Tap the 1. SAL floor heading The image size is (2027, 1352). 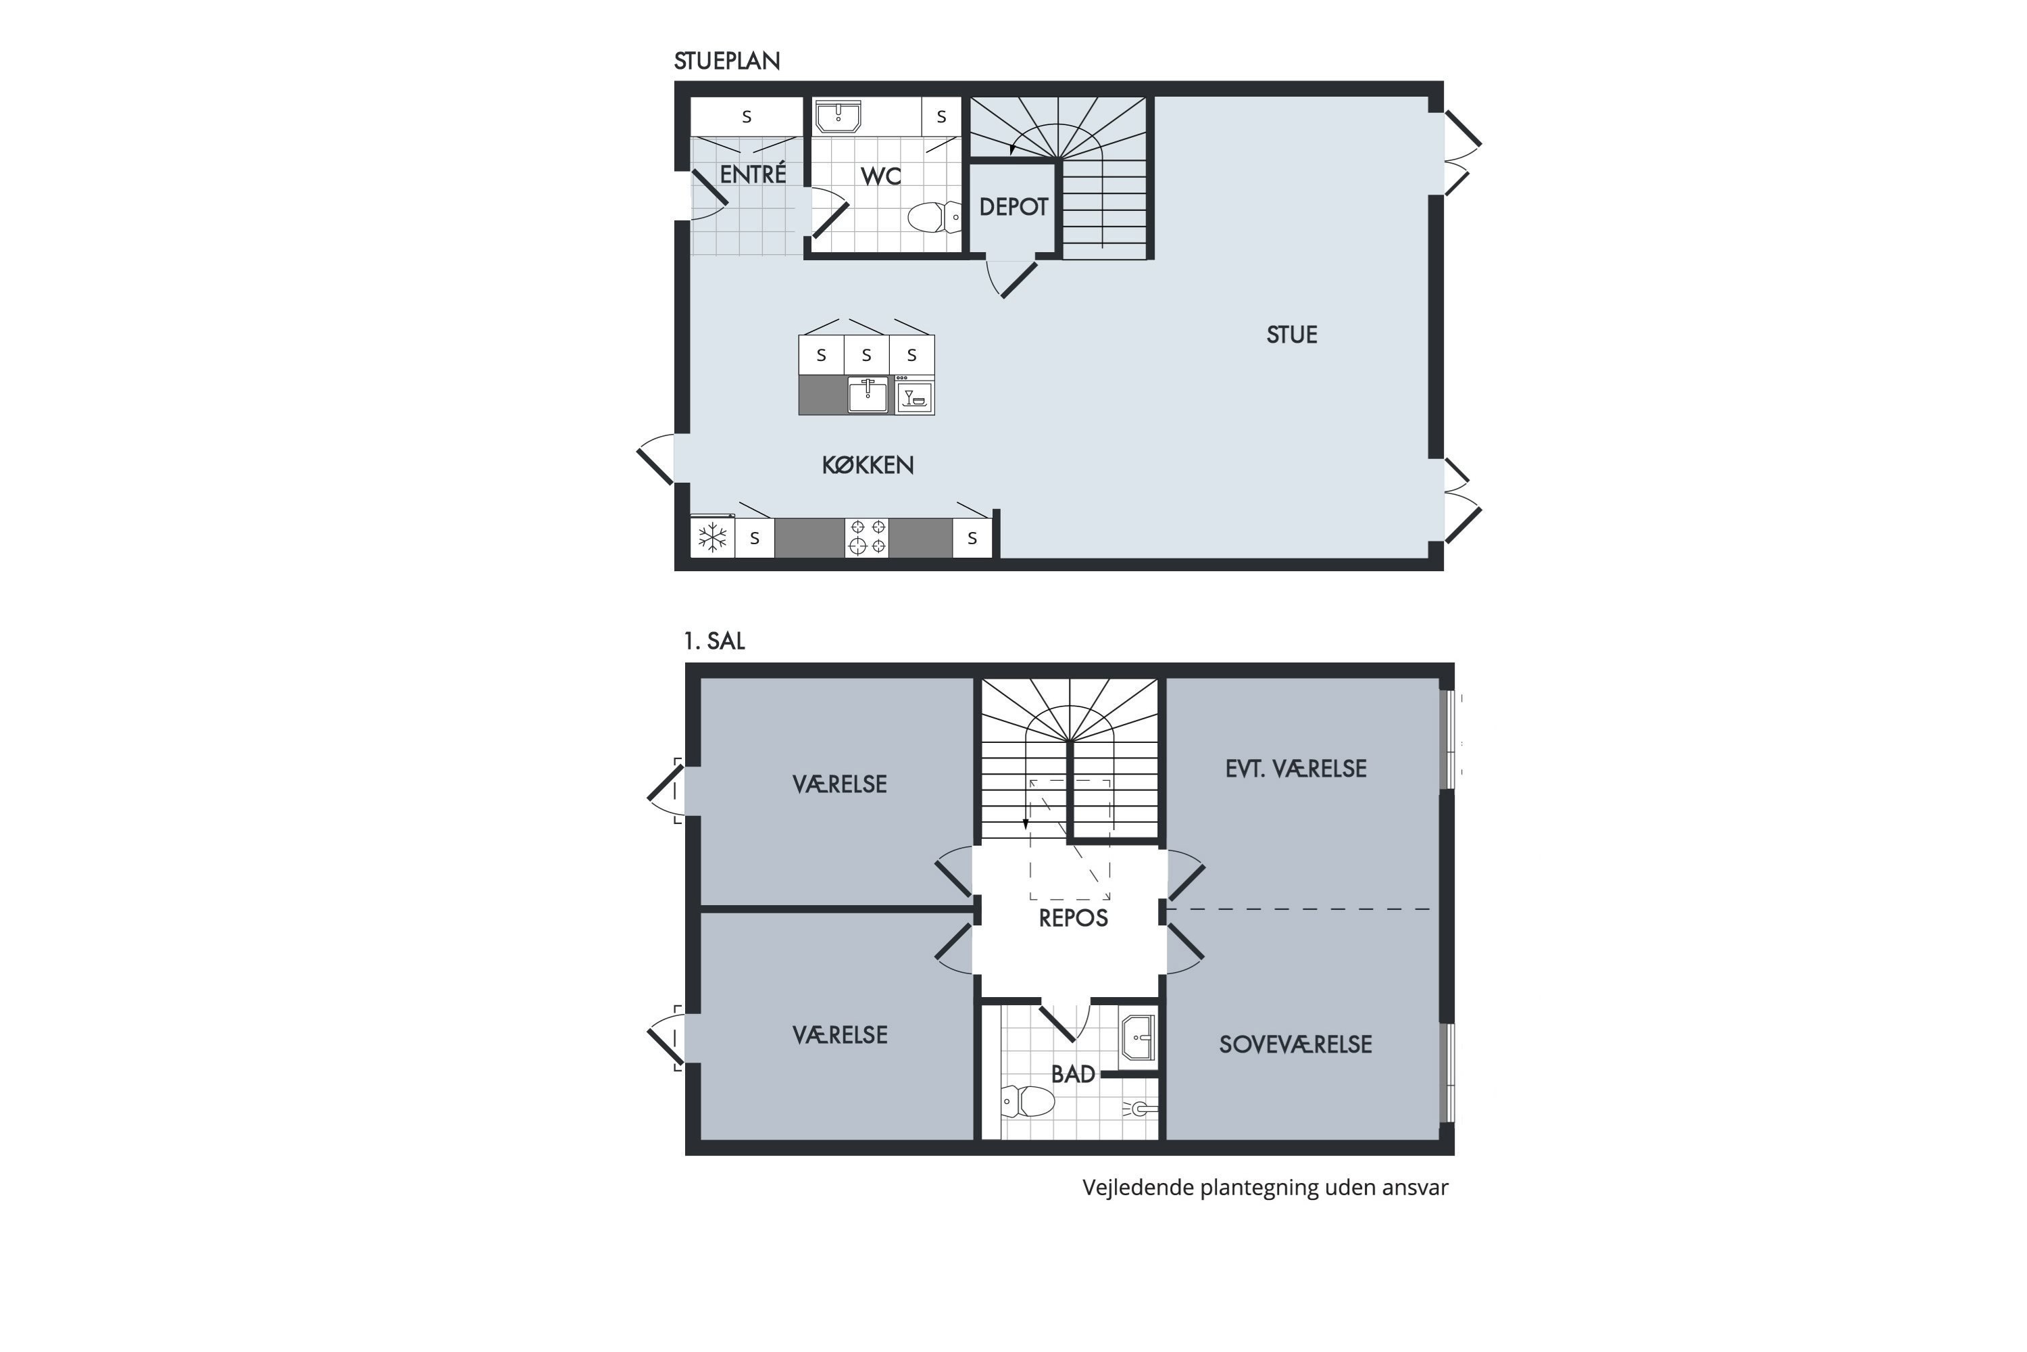click(x=714, y=641)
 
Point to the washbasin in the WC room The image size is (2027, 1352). click(x=838, y=117)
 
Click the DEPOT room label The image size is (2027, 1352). click(x=1013, y=207)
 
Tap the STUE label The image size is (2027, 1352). click(x=1291, y=335)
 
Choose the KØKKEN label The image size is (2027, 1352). click(x=867, y=465)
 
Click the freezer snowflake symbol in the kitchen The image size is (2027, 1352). click(x=712, y=538)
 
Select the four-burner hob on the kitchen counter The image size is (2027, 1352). click(x=866, y=537)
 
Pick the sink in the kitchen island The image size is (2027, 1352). click(x=868, y=395)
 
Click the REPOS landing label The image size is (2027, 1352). click(x=1073, y=918)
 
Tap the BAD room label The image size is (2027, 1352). click(x=1073, y=1074)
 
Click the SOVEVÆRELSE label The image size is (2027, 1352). click(x=1295, y=1044)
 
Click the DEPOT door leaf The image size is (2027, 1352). click(x=1019, y=281)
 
